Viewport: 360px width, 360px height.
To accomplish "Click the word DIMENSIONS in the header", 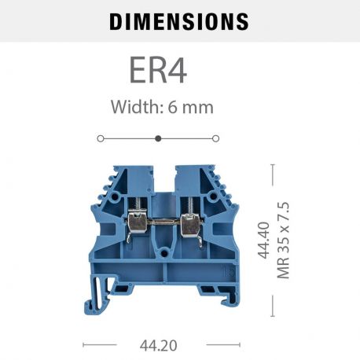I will tap(179, 20).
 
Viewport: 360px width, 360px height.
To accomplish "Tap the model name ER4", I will tap(158, 71).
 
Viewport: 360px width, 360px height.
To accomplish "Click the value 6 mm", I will tap(190, 107).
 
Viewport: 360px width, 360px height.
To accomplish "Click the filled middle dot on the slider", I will tap(158, 138).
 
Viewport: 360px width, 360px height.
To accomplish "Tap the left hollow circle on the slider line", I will tap(101, 138).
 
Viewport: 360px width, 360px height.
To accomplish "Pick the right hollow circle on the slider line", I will tap(216, 138).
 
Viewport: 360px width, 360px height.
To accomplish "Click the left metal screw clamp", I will tap(134, 224).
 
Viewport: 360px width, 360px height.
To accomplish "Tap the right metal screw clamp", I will tap(189, 224).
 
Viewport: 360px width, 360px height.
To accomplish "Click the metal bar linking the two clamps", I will tap(162, 222).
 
